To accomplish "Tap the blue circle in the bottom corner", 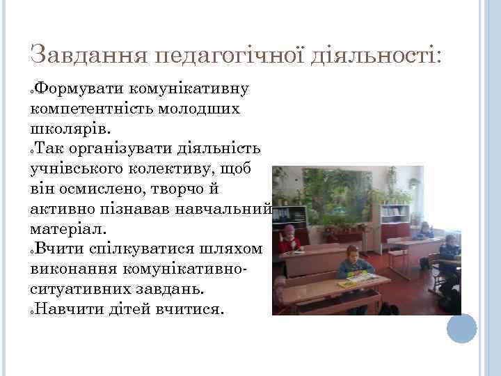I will click(461, 329).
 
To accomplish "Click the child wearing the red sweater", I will click(287, 239).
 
